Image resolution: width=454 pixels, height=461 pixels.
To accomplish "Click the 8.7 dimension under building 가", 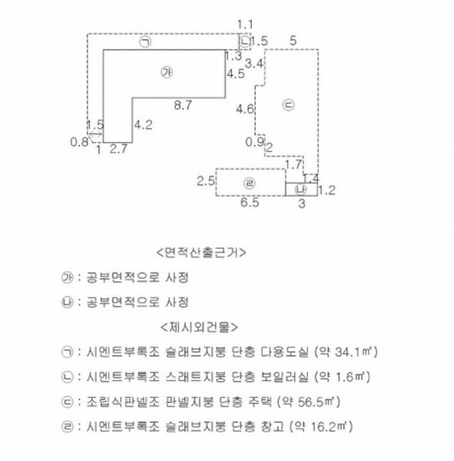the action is click(183, 105).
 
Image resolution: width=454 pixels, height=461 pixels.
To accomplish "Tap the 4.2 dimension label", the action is click(144, 125).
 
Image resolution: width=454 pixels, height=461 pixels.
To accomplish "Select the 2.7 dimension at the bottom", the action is click(118, 149).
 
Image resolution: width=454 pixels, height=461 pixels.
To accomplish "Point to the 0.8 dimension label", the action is click(79, 142).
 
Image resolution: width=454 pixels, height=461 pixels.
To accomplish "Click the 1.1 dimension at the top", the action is click(244, 25).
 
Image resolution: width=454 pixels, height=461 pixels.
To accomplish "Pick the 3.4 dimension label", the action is click(254, 64).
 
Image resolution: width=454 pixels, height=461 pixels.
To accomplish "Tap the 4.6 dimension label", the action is click(244, 109).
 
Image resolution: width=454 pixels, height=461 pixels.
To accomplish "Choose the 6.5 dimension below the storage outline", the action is click(250, 203).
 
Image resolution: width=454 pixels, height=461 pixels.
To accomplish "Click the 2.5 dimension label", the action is click(206, 181).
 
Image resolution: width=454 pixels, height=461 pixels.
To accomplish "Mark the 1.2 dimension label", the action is click(327, 191).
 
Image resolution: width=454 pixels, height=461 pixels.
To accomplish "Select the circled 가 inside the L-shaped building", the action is click(167, 73).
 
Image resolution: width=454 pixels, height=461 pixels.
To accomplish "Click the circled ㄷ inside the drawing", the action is click(288, 105).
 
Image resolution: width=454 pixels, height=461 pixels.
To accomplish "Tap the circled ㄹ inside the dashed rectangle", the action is click(250, 183).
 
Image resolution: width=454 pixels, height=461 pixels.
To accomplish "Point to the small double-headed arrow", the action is click(95, 134).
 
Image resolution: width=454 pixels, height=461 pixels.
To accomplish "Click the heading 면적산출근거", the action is click(201, 253).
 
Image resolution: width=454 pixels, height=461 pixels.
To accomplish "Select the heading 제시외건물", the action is click(200, 327).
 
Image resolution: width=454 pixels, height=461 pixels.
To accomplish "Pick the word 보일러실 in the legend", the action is click(285, 376).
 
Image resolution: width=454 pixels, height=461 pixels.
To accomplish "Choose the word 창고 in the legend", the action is click(272, 426).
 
